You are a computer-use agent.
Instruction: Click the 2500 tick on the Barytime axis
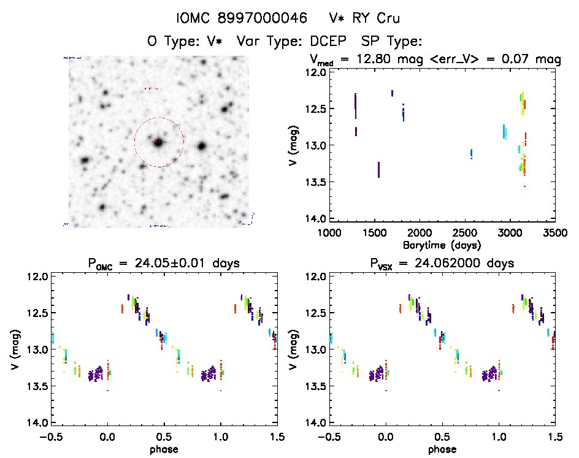click(x=465, y=234)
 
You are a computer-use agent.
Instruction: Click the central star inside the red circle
click(x=159, y=142)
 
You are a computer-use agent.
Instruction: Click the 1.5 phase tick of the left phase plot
click(x=277, y=437)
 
